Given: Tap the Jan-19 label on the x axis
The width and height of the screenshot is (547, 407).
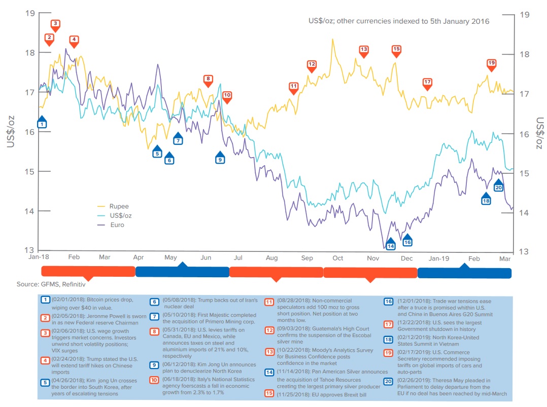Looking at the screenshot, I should [x=439, y=258].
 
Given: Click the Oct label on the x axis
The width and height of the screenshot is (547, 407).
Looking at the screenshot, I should [x=338, y=258].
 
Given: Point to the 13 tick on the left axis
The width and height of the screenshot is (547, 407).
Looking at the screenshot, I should [x=30, y=251].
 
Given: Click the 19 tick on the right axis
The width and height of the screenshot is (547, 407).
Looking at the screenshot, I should [x=525, y=15].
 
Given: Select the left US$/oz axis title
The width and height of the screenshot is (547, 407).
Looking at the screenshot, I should [x=12, y=131].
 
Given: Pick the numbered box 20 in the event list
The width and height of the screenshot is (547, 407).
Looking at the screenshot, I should [x=388, y=381].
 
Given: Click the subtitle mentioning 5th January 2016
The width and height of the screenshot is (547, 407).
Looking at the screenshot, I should [x=398, y=21].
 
